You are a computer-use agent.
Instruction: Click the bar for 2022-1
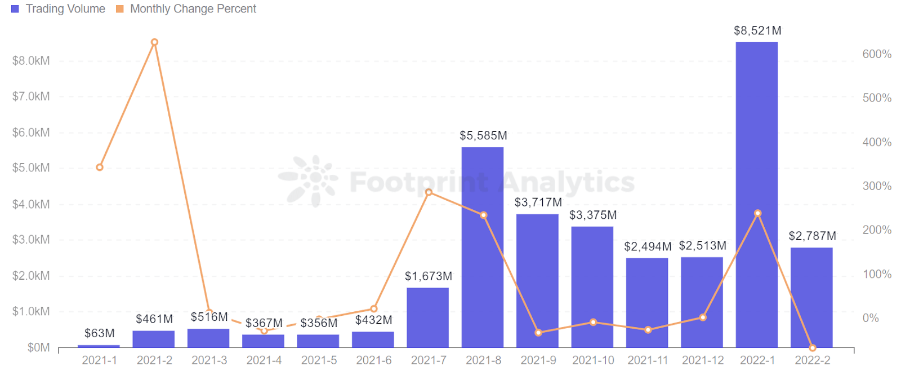pyautogui.click(x=756, y=195)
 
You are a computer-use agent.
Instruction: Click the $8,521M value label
pyautogui.click(x=757, y=31)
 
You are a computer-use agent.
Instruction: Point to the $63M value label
pyautogui.click(x=100, y=333)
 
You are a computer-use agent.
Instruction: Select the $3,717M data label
pyautogui.click(x=538, y=202)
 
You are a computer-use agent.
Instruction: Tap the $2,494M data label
pyautogui.click(x=648, y=246)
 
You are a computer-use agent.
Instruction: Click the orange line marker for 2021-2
pyautogui.click(x=154, y=42)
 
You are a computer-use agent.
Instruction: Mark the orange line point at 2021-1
pyautogui.click(x=100, y=167)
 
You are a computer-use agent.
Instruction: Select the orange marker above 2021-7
pyautogui.click(x=429, y=192)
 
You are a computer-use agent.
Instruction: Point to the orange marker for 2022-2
pyautogui.click(x=812, y=348)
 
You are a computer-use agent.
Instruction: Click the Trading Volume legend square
pyautogui.click(x=15, y=9)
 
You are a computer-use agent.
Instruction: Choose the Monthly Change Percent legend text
pyautogui.click(x=193, y=9)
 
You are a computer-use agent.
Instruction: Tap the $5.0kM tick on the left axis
pyautogui.click(x=31, y=168)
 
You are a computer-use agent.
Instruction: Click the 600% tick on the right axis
pyautogui.click(x=877, y=54)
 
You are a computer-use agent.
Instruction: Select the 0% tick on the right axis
pyautogui.click(x=871, y=318)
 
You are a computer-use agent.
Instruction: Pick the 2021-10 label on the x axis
pyautogui.click(x=593, y=360)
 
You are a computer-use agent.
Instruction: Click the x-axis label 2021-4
pyautogui.click(x=264, y=360)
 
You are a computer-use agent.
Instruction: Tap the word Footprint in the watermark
pyautogui.click(x=419, y=182)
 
